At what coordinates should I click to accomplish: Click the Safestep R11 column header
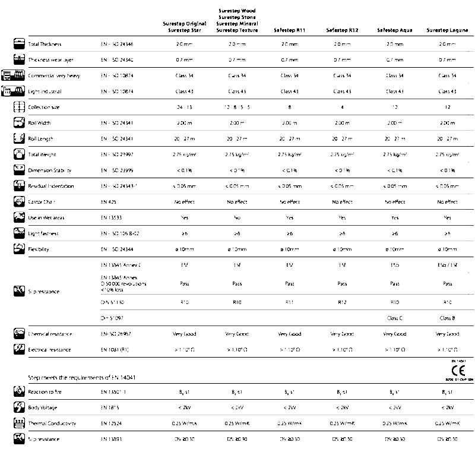pyautogui.click(x=290, y=30)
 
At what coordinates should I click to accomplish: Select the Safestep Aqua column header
pyautogui.click(x=394, y=30)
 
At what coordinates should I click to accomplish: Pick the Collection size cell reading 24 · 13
pyautogui.click(x=185, y=108)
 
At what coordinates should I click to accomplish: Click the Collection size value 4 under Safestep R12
pyautogui.click(x=342, y=108)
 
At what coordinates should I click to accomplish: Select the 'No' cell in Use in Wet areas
pyautogui.click(x=237, y=217)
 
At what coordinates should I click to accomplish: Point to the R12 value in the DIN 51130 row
pyautogui.click(x=342, y=302)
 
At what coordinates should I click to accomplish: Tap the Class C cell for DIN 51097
pyautogui.click(x=394, y=318)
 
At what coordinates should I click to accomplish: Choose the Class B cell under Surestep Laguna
pyautogui.click(x=447, y=318)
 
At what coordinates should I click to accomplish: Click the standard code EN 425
pyautogui.click(x=109, y=202)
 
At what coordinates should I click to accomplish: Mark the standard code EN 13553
pyautogui.click(x=112, y=217)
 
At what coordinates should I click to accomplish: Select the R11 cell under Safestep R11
pyautogui.click(x=290, y=302)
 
